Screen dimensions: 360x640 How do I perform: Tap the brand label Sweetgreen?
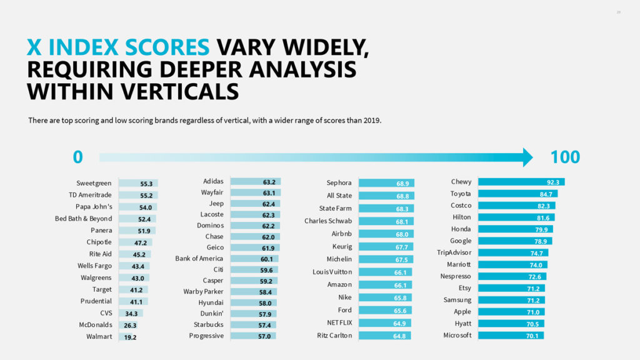(94, 183)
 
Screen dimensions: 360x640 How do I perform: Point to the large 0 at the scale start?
(77, 157)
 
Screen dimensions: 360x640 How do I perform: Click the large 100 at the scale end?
(565, 157)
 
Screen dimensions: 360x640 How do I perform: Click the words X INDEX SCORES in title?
(118, 47)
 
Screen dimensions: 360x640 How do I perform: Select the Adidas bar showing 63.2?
(256, 182)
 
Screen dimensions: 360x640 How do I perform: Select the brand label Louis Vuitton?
(332, 272)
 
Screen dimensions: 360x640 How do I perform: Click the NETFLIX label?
(339, 322)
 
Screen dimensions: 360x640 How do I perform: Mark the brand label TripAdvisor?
(454, 252)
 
